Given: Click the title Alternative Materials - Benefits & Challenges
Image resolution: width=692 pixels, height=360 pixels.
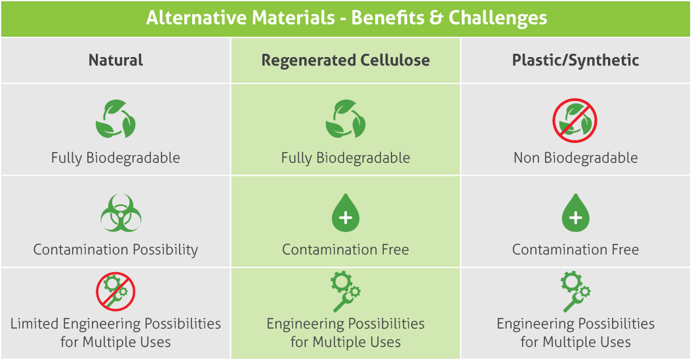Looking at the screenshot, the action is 346,18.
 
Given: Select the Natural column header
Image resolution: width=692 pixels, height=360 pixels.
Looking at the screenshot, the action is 115,60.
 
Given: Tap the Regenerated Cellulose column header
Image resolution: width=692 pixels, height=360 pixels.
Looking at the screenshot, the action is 346,60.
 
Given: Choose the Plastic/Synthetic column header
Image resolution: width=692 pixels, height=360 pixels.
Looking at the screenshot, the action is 575,60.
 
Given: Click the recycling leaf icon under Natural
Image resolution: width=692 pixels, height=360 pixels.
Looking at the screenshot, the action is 115,119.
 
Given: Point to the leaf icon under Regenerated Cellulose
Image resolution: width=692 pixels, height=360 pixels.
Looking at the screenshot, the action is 346,119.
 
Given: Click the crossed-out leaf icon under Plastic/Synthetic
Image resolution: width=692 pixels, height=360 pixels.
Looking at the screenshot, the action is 575,120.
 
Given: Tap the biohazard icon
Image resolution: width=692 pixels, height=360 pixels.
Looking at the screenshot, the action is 121,213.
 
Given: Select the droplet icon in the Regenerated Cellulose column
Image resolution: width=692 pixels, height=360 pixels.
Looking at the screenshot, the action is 346,212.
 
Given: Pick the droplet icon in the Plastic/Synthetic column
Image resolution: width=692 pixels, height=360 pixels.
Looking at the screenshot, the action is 575,212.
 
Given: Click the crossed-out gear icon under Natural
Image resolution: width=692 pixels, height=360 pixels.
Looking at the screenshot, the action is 115,292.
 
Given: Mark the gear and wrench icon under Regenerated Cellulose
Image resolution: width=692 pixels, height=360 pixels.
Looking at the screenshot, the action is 346,292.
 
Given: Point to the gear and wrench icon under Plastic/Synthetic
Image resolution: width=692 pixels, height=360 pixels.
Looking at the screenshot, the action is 575,292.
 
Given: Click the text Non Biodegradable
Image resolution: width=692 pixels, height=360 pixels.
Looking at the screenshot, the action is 575,158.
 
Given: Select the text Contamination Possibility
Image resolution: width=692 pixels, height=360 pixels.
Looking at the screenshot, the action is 115,250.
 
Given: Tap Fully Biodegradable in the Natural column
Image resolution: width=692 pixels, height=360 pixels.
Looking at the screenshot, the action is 115,158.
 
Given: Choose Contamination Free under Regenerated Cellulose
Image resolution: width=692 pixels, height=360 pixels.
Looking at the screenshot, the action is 346,250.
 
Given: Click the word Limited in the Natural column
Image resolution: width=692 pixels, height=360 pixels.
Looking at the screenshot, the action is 34,323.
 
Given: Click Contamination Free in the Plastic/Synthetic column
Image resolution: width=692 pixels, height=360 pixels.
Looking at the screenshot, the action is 575,250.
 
